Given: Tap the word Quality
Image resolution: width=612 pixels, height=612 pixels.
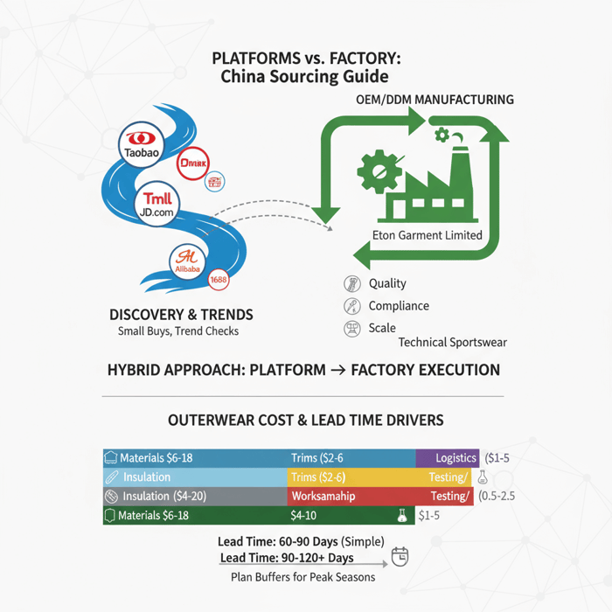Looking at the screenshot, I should click(x=387, y=283).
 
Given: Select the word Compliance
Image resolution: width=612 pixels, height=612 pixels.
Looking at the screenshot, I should click(x=399, y=306).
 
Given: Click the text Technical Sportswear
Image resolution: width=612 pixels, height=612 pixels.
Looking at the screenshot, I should click(x=452, y=343).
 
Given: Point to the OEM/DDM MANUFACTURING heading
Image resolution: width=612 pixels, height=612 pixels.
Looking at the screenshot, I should click(x=435, y=100).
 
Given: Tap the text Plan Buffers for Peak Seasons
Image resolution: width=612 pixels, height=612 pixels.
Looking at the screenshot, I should click(x=303, y=577).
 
